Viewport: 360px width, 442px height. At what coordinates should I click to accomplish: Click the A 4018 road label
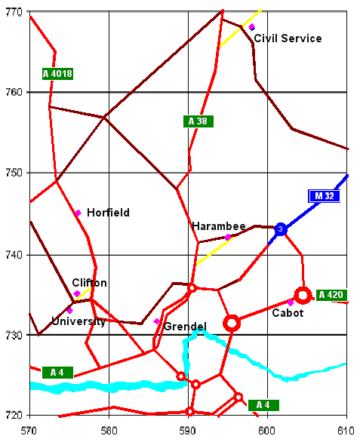[x=57, y=73]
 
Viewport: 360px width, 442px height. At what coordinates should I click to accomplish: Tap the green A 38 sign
[x=197, y=121]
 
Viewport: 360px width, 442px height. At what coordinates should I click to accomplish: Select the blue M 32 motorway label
[x=325, y=196]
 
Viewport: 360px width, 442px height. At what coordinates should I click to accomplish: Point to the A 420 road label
[x=330, y=294]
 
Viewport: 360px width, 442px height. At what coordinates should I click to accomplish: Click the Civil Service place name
[x=288, y=38]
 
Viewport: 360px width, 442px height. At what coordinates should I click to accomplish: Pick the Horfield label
[x=108, y=213]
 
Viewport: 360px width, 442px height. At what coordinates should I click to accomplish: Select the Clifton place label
[x=89, y=283]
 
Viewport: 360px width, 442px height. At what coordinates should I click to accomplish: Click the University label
[x=78, y=321]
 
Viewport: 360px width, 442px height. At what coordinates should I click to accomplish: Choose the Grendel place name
[x=185, y=326]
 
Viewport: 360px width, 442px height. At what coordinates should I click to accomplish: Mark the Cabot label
[x=288, y=313]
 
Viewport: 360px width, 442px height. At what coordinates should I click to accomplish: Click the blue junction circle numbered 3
[x=280, y=229]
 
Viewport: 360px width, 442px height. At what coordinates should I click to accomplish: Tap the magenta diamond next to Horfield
[x=78, y=213]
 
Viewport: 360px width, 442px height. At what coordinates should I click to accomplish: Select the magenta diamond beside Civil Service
[x=251, y=27]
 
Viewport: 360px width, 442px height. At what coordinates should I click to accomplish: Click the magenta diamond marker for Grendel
[x=157, y=321]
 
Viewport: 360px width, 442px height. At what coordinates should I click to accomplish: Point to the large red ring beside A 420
[x=303, y=295]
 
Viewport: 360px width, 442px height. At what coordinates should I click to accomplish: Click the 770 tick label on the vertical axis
[x=13, y=11]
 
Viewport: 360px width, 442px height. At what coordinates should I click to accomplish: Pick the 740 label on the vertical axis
[x=13, y=254]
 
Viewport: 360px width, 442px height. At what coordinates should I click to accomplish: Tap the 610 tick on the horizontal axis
[x=346, y=430]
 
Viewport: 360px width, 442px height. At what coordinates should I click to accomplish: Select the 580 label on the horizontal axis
[x=109, y=430]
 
